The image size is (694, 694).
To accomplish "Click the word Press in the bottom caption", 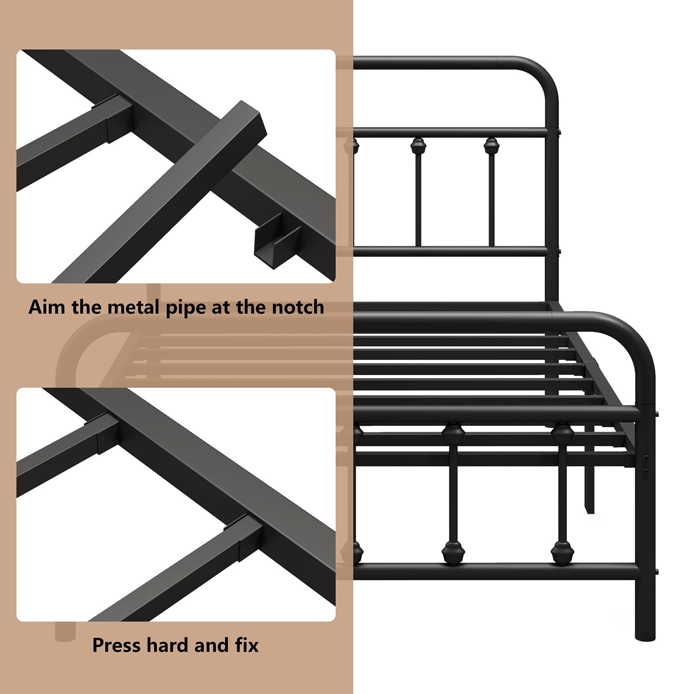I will [117, 645].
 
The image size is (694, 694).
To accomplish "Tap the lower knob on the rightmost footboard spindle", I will [562, 553].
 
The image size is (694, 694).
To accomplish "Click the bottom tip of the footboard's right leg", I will [645, 637].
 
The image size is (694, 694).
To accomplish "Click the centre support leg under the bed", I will [589, 490].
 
